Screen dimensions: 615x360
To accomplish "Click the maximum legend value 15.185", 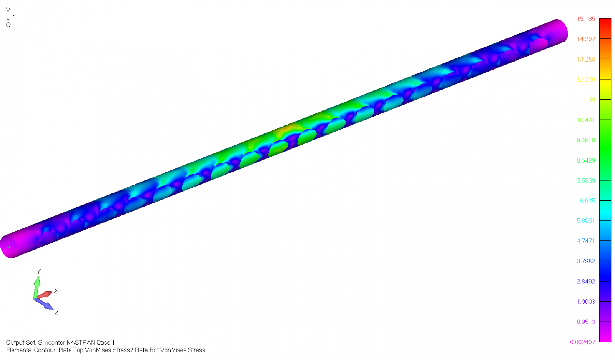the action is point(586,19).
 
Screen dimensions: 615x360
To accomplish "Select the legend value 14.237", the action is point(586,39).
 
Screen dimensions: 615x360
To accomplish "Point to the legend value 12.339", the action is point(586,79).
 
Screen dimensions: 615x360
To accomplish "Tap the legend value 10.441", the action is point(586,120).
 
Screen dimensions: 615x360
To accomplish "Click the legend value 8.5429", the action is point(586,160).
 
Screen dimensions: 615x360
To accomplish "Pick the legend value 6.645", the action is point(588,201).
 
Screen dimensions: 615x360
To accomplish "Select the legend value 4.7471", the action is point(586,241).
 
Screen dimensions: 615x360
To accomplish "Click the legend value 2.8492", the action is point(586,282).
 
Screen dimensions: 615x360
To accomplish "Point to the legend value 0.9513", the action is point(586,322).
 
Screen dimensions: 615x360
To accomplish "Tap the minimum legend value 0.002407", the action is point(583,342).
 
